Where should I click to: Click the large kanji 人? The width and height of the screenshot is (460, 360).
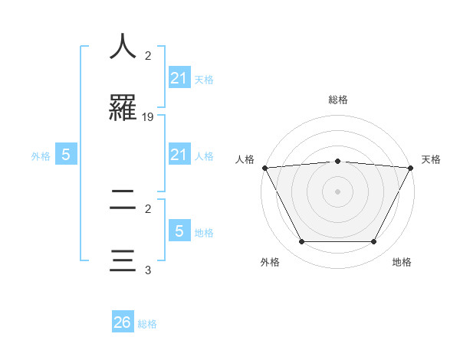tap(123, 46)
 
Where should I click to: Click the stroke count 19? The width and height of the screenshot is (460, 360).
tap(148, 117)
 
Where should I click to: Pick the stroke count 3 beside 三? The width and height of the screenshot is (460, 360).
tap(148, 270)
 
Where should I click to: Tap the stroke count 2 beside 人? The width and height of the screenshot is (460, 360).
tap(148, 55)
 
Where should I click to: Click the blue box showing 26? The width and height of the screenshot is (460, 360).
tap(123, 322)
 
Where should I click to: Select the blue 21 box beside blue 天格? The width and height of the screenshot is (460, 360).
tap(179, 77)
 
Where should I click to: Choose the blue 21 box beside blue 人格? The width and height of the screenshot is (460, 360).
tap(179, 155)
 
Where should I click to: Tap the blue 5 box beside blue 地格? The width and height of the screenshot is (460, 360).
tap(179, 231)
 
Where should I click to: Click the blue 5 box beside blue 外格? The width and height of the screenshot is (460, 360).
tap(66, 155)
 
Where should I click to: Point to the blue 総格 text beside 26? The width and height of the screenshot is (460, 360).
tap(147, 324)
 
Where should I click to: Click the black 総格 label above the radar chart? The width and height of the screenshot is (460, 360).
tap(337, 100)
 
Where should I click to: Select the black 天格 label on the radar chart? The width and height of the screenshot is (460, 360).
tap(431, 159)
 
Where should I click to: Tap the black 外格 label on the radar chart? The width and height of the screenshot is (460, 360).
tap(270, 262)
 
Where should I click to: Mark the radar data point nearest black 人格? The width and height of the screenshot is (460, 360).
tap(264, 168)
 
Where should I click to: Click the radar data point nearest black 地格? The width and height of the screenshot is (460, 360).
tap(374, 242)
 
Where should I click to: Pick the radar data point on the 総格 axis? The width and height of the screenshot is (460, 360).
tap(337, 161)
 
